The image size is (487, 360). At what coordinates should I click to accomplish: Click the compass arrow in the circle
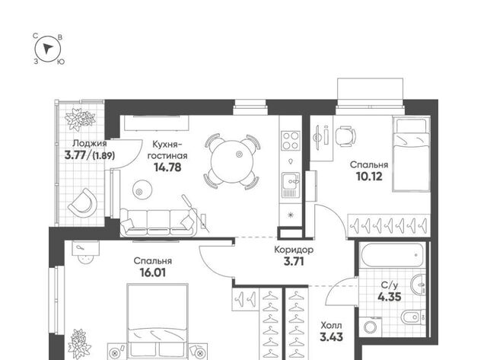coord(47,49)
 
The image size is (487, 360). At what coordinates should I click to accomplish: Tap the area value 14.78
coord(167,167)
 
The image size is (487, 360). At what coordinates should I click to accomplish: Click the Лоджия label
coord(90,144)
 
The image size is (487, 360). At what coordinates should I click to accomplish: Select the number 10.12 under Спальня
coord(369,177)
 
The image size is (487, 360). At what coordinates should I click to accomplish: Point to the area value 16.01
coord(153,272)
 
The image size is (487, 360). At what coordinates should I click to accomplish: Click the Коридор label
coord(294,250)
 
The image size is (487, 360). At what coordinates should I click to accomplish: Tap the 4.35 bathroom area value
coord(390,297)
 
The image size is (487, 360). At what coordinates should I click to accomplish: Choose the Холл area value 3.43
coord(332,336)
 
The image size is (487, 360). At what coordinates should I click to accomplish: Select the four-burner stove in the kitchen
coord(291,140)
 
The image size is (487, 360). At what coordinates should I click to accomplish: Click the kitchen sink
coord(291,185)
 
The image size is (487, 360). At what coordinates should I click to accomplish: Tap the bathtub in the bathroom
coord(393,255)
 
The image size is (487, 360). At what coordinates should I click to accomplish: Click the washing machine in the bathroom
coord(371,327)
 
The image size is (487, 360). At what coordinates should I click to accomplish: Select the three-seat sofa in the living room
coord(158,221)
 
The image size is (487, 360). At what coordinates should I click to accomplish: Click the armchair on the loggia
coord(83,202)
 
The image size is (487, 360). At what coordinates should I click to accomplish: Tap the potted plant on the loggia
coord(80,119)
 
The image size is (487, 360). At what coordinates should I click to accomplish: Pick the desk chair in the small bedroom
coord(345,136)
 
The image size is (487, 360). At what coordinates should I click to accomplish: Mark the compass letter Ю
coord(61,62)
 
